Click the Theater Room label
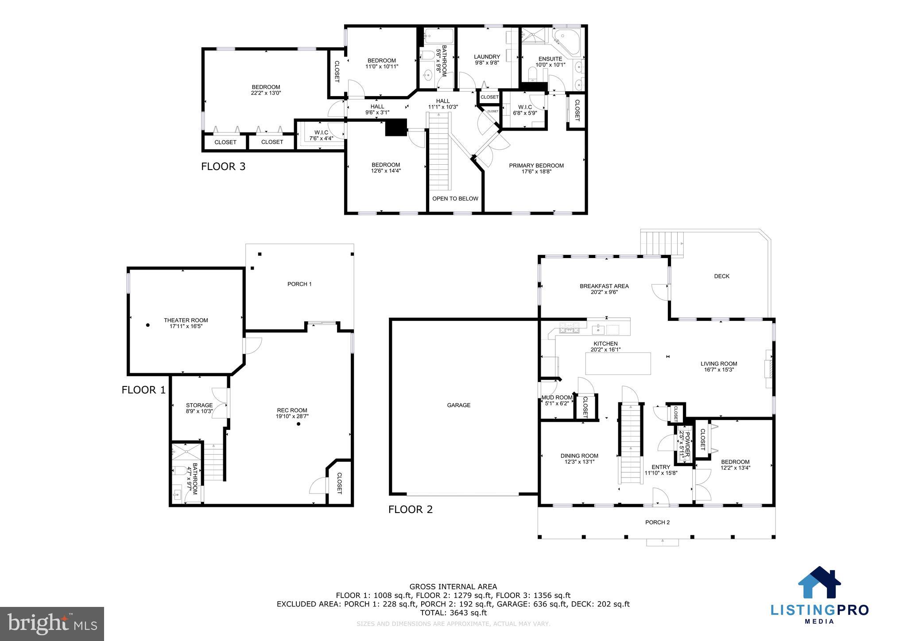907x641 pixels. click(x=186, y=320)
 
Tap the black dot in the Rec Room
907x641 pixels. click(x=298, y=424)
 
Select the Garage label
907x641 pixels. click(x=458, y=405)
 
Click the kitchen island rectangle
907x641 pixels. click(x=618, y=363)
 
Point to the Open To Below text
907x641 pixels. click(x=455, y=198)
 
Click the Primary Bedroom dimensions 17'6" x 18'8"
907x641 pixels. click(x=536, y=172)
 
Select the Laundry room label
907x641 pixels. click(x=487, y=57)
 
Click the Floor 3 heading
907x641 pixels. click(x=223, y=166)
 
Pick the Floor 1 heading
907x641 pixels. click(x=143, y=390)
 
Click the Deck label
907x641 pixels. click(x=721, y=276)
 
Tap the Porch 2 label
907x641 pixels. click(x=657, y=522)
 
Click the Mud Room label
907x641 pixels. click(x=557, y=398)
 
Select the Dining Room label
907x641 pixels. click(x=579, y=456)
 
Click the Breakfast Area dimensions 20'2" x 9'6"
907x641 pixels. click(x=604, y=292)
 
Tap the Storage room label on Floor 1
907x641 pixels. click(x=199, y=405)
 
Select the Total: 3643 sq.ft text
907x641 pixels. click(x=453, y=613)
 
